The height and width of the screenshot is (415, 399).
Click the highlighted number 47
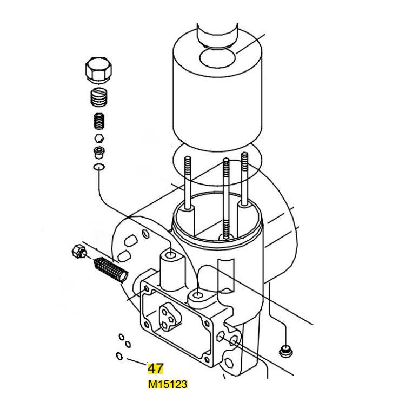[x=156, y=368]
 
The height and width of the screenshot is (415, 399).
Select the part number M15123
[x=168, y=384]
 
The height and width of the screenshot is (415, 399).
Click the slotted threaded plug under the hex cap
[x=99, y=97]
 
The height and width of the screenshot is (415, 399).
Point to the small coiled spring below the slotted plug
[x=99, y=122]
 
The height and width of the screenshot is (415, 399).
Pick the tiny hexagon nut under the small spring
[x=99, y=138]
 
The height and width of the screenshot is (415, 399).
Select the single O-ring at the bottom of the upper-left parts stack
[x=99, y=167]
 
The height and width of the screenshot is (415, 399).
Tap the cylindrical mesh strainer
[x=111, y=270]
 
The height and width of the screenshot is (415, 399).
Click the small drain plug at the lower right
[x=285, y=351]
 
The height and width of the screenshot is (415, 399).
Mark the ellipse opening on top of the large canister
[x=217, y=57]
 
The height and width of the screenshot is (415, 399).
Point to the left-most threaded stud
[x=187, y=183]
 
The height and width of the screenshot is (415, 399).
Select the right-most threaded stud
[x=244, y=178]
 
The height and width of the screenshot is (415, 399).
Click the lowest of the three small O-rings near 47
[x=119, y=356]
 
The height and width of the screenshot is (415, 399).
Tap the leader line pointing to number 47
[x=136, y=361]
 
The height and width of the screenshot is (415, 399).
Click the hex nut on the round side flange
[x=145, y=234]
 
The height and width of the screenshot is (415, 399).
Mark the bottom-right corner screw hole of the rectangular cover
[x=207, y=359]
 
